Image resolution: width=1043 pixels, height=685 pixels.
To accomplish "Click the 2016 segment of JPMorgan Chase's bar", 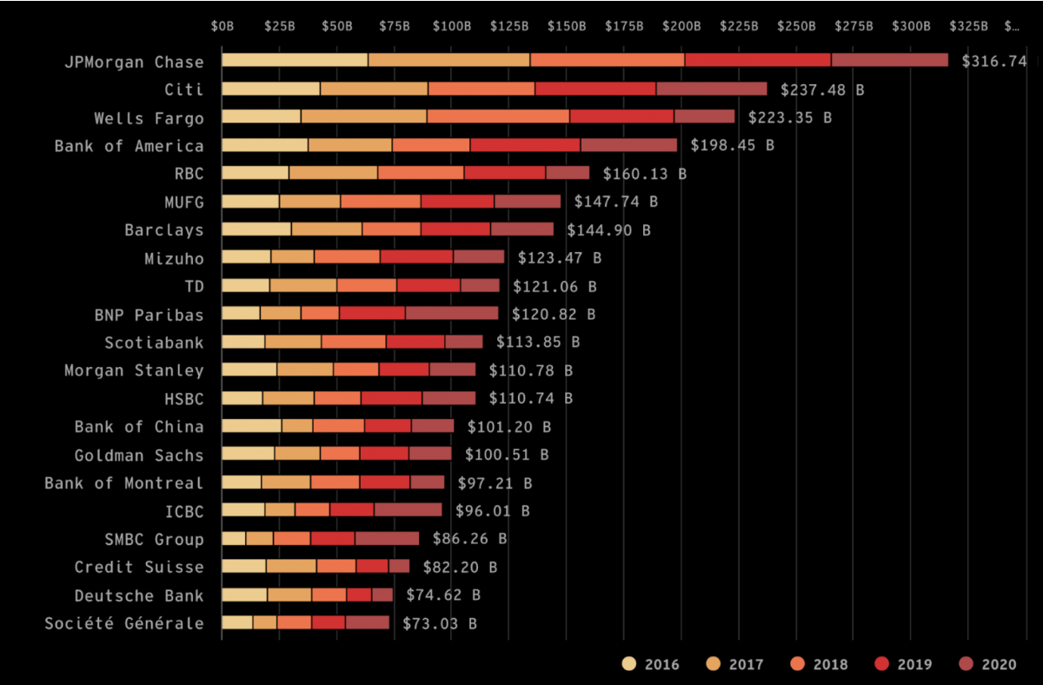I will pos(295,60).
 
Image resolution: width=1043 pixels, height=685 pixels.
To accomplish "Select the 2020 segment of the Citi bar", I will pos(712,89).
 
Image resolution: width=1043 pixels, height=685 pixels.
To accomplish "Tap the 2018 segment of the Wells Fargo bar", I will pos(498,116).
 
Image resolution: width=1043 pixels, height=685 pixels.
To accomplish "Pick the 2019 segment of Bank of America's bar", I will pos(525,145).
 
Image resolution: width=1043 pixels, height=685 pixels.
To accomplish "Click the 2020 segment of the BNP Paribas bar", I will pos(452,313).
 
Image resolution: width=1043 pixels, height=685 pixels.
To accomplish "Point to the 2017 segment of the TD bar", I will pos(303,285).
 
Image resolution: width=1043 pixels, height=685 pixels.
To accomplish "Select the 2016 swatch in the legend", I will pos(629,664).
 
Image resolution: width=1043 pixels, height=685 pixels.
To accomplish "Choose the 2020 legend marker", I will pos(967,664).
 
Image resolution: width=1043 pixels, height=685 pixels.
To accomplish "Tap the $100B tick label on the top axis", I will pos(451,26).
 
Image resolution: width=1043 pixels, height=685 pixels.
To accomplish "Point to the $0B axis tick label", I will pos(223,26).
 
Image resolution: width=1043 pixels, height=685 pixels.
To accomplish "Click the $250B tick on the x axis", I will pos(796,26).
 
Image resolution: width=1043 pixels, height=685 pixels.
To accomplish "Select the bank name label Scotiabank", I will pos(154,342).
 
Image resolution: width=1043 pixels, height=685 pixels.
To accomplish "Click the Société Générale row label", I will pos(123,623).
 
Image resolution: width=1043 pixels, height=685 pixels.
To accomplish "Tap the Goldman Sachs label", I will pos(139,455).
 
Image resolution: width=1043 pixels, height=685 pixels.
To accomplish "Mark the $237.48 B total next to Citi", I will pos(822,90).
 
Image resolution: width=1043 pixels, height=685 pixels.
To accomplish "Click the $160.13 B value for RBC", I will pos(644,174).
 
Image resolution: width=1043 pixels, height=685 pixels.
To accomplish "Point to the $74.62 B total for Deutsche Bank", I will pos(442,595).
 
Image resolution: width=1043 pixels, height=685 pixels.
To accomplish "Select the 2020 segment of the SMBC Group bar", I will pos(387,538).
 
